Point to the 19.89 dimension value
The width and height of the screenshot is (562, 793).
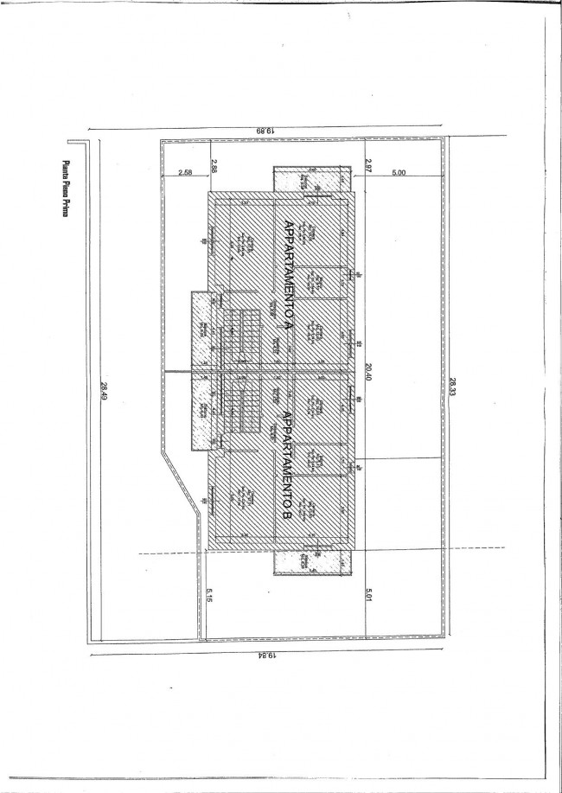[x=265, y=130]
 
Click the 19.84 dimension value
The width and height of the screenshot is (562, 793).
[x=266, y=656]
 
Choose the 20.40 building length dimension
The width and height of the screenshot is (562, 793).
[x=368, y=371]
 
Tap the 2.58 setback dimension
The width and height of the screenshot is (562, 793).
[x=185, y=173]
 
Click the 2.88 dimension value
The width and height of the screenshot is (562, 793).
[x=214, y=166]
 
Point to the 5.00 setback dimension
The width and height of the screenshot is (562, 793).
[x=398, y=173]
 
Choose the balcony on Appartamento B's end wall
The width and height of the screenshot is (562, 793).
[x=312, y=562]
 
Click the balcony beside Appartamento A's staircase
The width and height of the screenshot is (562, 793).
[x=202, y=329]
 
